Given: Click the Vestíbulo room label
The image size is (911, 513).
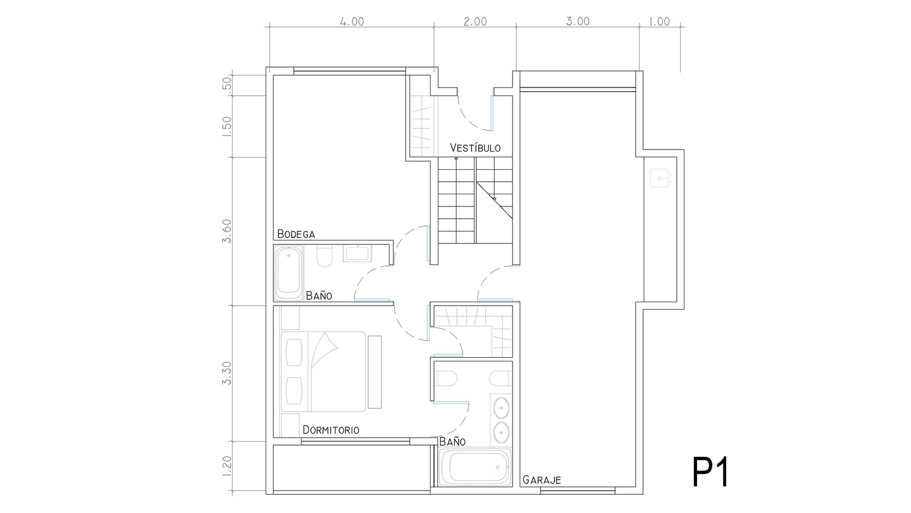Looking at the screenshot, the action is click(475, 147).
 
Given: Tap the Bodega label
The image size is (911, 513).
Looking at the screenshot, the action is click(296, 234).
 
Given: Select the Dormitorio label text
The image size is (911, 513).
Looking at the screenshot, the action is click(331, 430).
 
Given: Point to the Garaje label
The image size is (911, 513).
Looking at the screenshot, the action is click(541, 479).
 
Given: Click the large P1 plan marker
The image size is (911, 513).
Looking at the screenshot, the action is click(710, 472).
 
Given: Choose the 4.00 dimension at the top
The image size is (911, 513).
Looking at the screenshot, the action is click(352, 22).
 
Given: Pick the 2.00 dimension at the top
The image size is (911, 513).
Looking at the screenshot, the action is click(475, 22).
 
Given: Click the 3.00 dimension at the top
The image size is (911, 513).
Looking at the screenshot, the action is click(578, 22).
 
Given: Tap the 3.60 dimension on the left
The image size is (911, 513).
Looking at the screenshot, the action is click(227, 231).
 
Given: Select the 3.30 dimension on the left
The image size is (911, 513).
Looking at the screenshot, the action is click(227, 373).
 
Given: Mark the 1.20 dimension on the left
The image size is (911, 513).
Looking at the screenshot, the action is click(227, 466).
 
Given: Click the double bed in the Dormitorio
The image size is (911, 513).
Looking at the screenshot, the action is click(323, 371).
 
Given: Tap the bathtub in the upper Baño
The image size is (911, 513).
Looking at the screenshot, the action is click(289, 273).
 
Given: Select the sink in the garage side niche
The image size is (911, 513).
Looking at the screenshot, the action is click(659, 178).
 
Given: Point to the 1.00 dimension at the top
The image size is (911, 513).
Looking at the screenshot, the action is click(660, 22).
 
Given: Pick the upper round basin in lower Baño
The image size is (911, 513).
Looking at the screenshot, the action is click(501, 408).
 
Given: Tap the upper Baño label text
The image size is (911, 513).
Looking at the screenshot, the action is click(319, 295).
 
